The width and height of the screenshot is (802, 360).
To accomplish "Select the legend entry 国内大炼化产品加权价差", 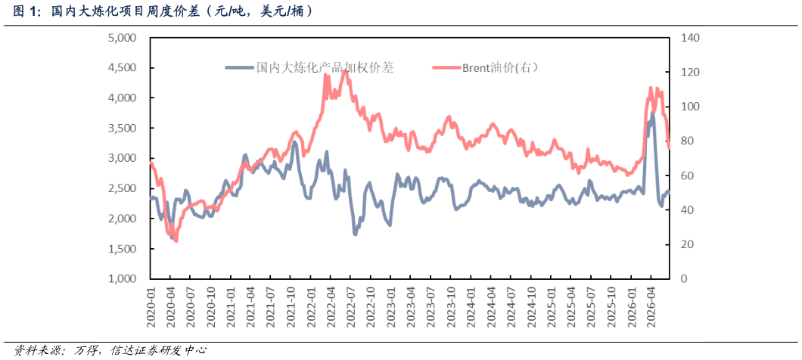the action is pos(309,67).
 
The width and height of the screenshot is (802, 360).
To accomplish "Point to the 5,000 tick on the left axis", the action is pos(123,38).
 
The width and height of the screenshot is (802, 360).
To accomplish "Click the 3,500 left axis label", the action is pos(123,128).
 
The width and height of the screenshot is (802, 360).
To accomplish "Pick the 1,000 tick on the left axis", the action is pos(123,278).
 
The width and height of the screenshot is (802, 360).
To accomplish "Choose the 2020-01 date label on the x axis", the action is pos(151,305).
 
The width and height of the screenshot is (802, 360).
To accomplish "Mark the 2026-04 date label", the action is pos(651,305).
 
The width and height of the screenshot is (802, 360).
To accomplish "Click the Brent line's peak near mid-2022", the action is pos(345,70).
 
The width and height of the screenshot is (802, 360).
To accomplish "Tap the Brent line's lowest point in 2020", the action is pos(176,241).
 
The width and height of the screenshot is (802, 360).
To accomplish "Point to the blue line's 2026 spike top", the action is pos(652,113).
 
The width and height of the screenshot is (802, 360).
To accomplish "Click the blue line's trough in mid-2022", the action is pos(355,234).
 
